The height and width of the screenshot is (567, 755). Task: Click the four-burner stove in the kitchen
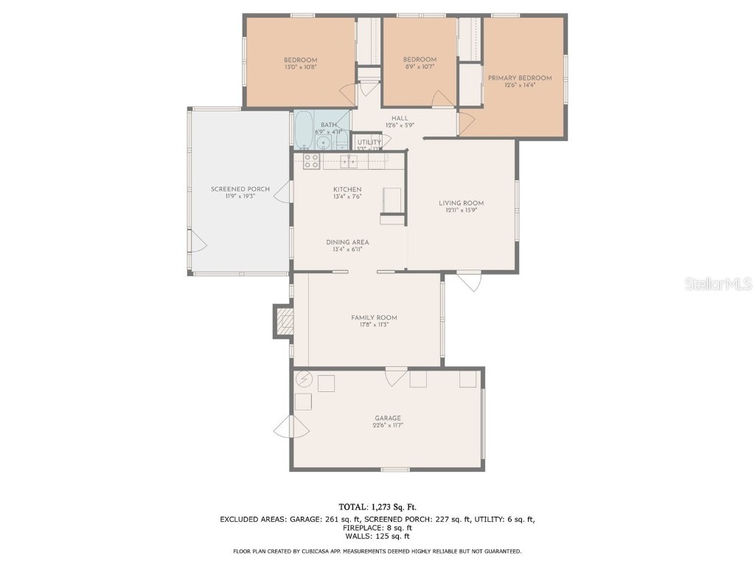pos(311,161)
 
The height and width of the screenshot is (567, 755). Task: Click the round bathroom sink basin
pos(323,141)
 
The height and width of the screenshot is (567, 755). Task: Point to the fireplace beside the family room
pos(283,321)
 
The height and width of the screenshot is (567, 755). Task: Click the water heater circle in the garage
pos(304,380)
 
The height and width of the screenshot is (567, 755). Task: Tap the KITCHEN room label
pos(347,190)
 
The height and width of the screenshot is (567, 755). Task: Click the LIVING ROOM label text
pos(461,203)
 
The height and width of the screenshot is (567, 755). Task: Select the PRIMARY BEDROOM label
pos(519,78)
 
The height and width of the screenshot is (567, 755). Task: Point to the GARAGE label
pos(388,418)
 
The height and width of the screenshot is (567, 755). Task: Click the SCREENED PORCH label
pos(240,189)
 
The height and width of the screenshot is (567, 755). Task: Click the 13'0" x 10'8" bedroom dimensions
pos(300,67)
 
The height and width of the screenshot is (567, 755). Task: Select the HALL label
pos(400,118)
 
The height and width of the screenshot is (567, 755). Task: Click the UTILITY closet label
pos(369,142)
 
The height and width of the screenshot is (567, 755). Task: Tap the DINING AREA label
pos(347,242)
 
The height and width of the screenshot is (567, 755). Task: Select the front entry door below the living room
pos(469,281)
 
